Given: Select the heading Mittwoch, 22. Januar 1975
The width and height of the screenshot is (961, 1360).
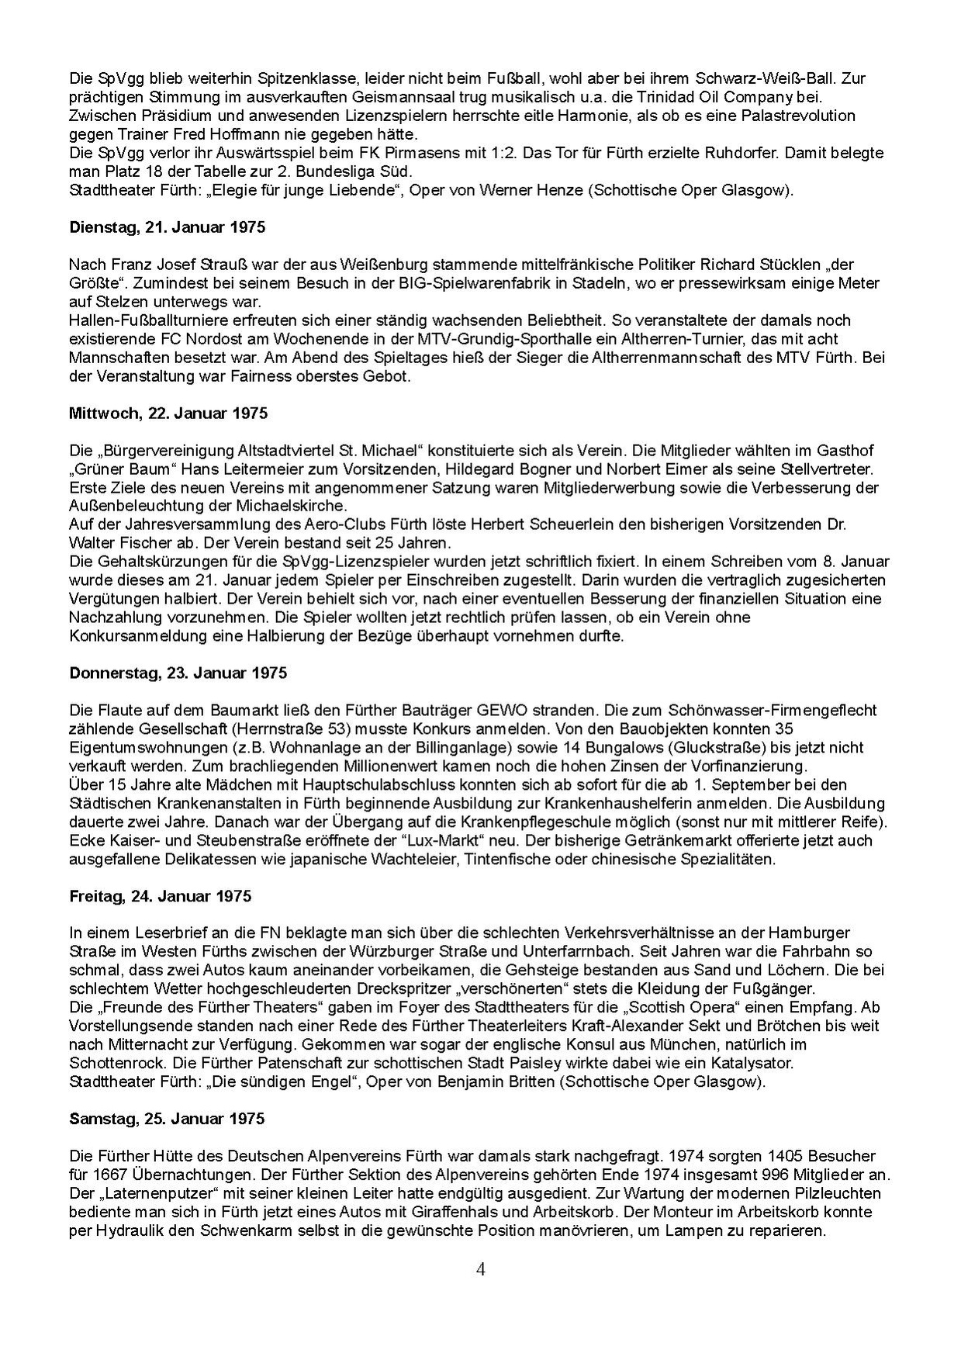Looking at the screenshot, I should coord(168,413).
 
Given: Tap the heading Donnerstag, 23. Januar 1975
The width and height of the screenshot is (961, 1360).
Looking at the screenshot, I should coord(178,673).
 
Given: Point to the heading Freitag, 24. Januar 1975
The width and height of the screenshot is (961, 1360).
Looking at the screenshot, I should coord(160,895).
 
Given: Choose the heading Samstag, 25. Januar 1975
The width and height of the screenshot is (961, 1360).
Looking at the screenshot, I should coord(166,1118).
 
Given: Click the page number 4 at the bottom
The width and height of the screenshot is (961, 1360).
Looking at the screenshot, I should coord(481,1269).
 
